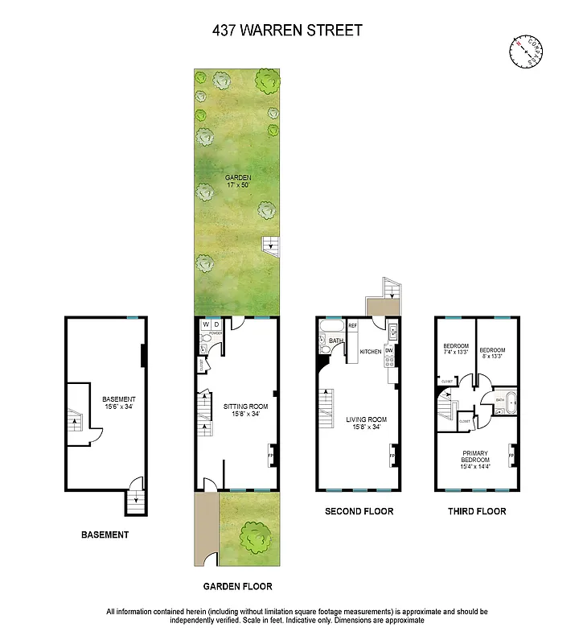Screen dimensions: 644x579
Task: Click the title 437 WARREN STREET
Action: point(287,31)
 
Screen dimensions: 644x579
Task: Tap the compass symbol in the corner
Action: point(526,52)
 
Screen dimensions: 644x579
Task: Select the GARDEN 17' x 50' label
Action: point(238,181)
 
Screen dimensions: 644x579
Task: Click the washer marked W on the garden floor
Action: point(205,324)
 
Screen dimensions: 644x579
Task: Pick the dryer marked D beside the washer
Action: point(216,324)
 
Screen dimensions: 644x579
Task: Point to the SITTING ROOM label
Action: point(245,411)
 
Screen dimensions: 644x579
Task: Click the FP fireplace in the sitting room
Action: point(271,456)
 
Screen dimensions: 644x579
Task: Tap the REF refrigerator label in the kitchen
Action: point(352,325)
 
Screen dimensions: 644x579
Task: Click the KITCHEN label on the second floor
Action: point(370,352)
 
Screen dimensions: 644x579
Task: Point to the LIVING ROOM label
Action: point(367,423)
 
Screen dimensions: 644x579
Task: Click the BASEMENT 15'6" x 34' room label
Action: point(118,403)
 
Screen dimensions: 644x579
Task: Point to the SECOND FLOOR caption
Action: point(359,511)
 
